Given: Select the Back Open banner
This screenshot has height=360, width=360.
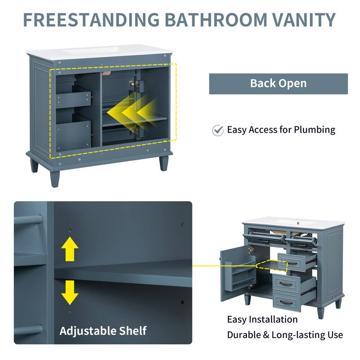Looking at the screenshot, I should pos(278,84).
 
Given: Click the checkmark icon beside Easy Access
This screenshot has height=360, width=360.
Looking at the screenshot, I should pos(218,130).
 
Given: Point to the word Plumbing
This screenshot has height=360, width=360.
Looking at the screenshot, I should pos(315,130).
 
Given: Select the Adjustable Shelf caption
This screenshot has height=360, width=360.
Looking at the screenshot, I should pos(103,331).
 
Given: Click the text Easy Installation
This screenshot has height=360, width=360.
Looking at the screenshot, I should pos(262,319).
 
